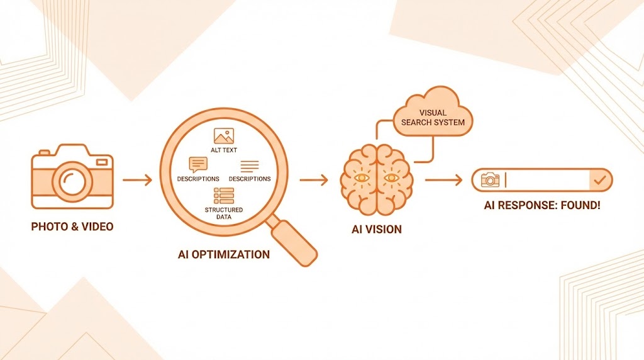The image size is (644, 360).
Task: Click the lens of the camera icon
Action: coord(72,181)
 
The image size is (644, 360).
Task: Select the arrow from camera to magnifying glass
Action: coord(137,181)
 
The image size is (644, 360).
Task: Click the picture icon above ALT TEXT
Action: coord(223,136)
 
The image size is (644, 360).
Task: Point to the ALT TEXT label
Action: coord(223,150)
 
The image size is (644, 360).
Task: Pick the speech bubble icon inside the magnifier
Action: coord(197,165)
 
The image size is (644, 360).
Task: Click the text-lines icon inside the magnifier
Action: coord(250,166)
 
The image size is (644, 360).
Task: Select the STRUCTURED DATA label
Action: coord(223,213)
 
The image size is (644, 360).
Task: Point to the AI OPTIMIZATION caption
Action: coord(223,255)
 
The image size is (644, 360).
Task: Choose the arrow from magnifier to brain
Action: coord(313,181)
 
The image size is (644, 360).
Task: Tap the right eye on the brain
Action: coord(391,178)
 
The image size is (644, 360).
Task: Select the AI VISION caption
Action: coord(376,229)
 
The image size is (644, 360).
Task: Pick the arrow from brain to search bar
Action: coord(443,181)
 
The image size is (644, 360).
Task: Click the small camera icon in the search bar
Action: coord(490,181)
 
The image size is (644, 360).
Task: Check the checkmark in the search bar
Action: coord(599,181)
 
